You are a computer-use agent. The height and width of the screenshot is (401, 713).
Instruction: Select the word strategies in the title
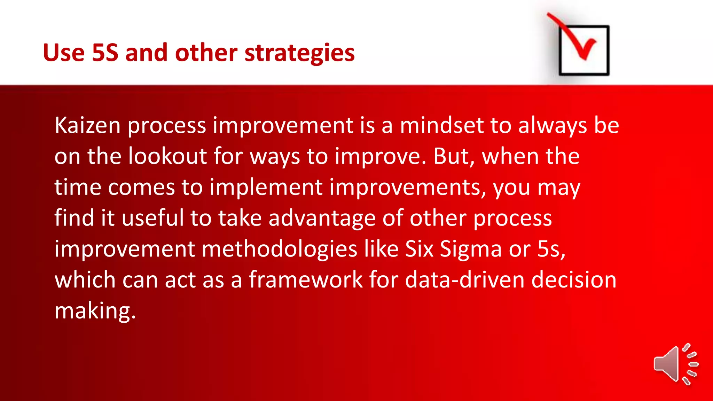point(299,53)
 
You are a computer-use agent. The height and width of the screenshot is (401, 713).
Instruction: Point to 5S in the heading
point(105,53)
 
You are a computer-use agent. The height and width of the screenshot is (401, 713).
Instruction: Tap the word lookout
point(167,156)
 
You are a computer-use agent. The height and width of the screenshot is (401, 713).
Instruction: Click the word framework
point(306,280)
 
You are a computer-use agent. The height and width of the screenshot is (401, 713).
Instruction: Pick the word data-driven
point(465,280)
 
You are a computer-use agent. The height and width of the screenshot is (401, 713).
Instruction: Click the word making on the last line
point(95,311)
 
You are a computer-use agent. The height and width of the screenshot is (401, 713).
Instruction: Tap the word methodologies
point(279,249)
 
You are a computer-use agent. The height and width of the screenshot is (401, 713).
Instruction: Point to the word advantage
point(322,219)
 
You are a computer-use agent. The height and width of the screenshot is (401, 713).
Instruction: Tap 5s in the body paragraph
point(550,249)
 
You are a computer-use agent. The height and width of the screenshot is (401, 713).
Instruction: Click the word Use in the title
point(64,53)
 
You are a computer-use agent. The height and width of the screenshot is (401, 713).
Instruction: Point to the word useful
point(152,219)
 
